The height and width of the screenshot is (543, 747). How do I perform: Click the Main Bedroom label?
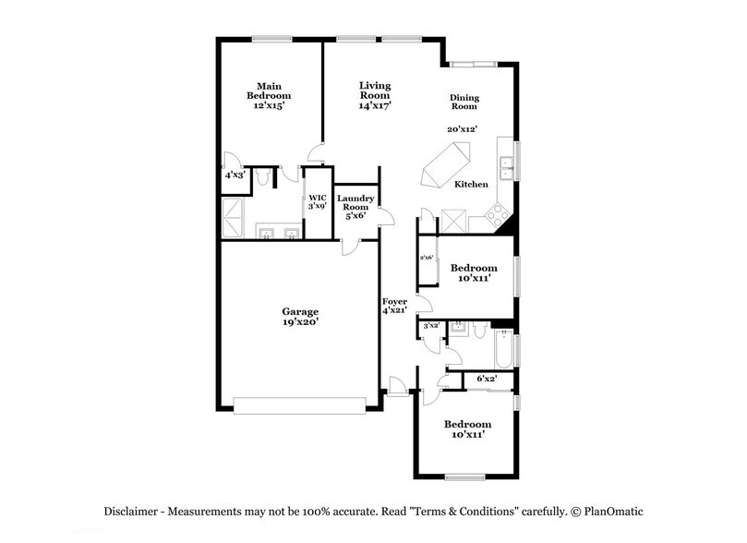[269, 90]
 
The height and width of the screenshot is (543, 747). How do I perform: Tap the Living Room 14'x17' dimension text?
[375, 105]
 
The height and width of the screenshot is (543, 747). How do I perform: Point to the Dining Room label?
[464, 102]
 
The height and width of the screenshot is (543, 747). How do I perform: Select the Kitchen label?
[471, 185]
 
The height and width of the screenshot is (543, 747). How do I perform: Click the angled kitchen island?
[445, 163]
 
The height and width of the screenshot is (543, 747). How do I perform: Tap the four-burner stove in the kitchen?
[498, 215]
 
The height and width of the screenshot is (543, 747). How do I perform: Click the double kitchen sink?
[505, 169]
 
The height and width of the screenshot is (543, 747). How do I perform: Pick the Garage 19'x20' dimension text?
[300, 322]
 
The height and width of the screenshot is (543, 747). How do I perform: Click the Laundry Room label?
[355, 202]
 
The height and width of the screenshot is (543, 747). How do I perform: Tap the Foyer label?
[394, 301]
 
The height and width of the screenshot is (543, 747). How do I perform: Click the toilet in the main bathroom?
[262, 177]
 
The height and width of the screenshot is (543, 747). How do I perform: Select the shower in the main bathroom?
[233, 218]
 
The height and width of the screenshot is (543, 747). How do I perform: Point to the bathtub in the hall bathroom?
[503, 349]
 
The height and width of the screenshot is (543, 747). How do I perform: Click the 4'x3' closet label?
[235, 175]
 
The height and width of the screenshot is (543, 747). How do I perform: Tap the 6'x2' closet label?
[487, 379]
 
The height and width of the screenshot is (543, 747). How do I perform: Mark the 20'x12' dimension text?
[462, 129]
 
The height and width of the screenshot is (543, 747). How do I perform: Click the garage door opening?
[300, 405]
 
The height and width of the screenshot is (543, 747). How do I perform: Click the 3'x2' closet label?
[431, 326]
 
